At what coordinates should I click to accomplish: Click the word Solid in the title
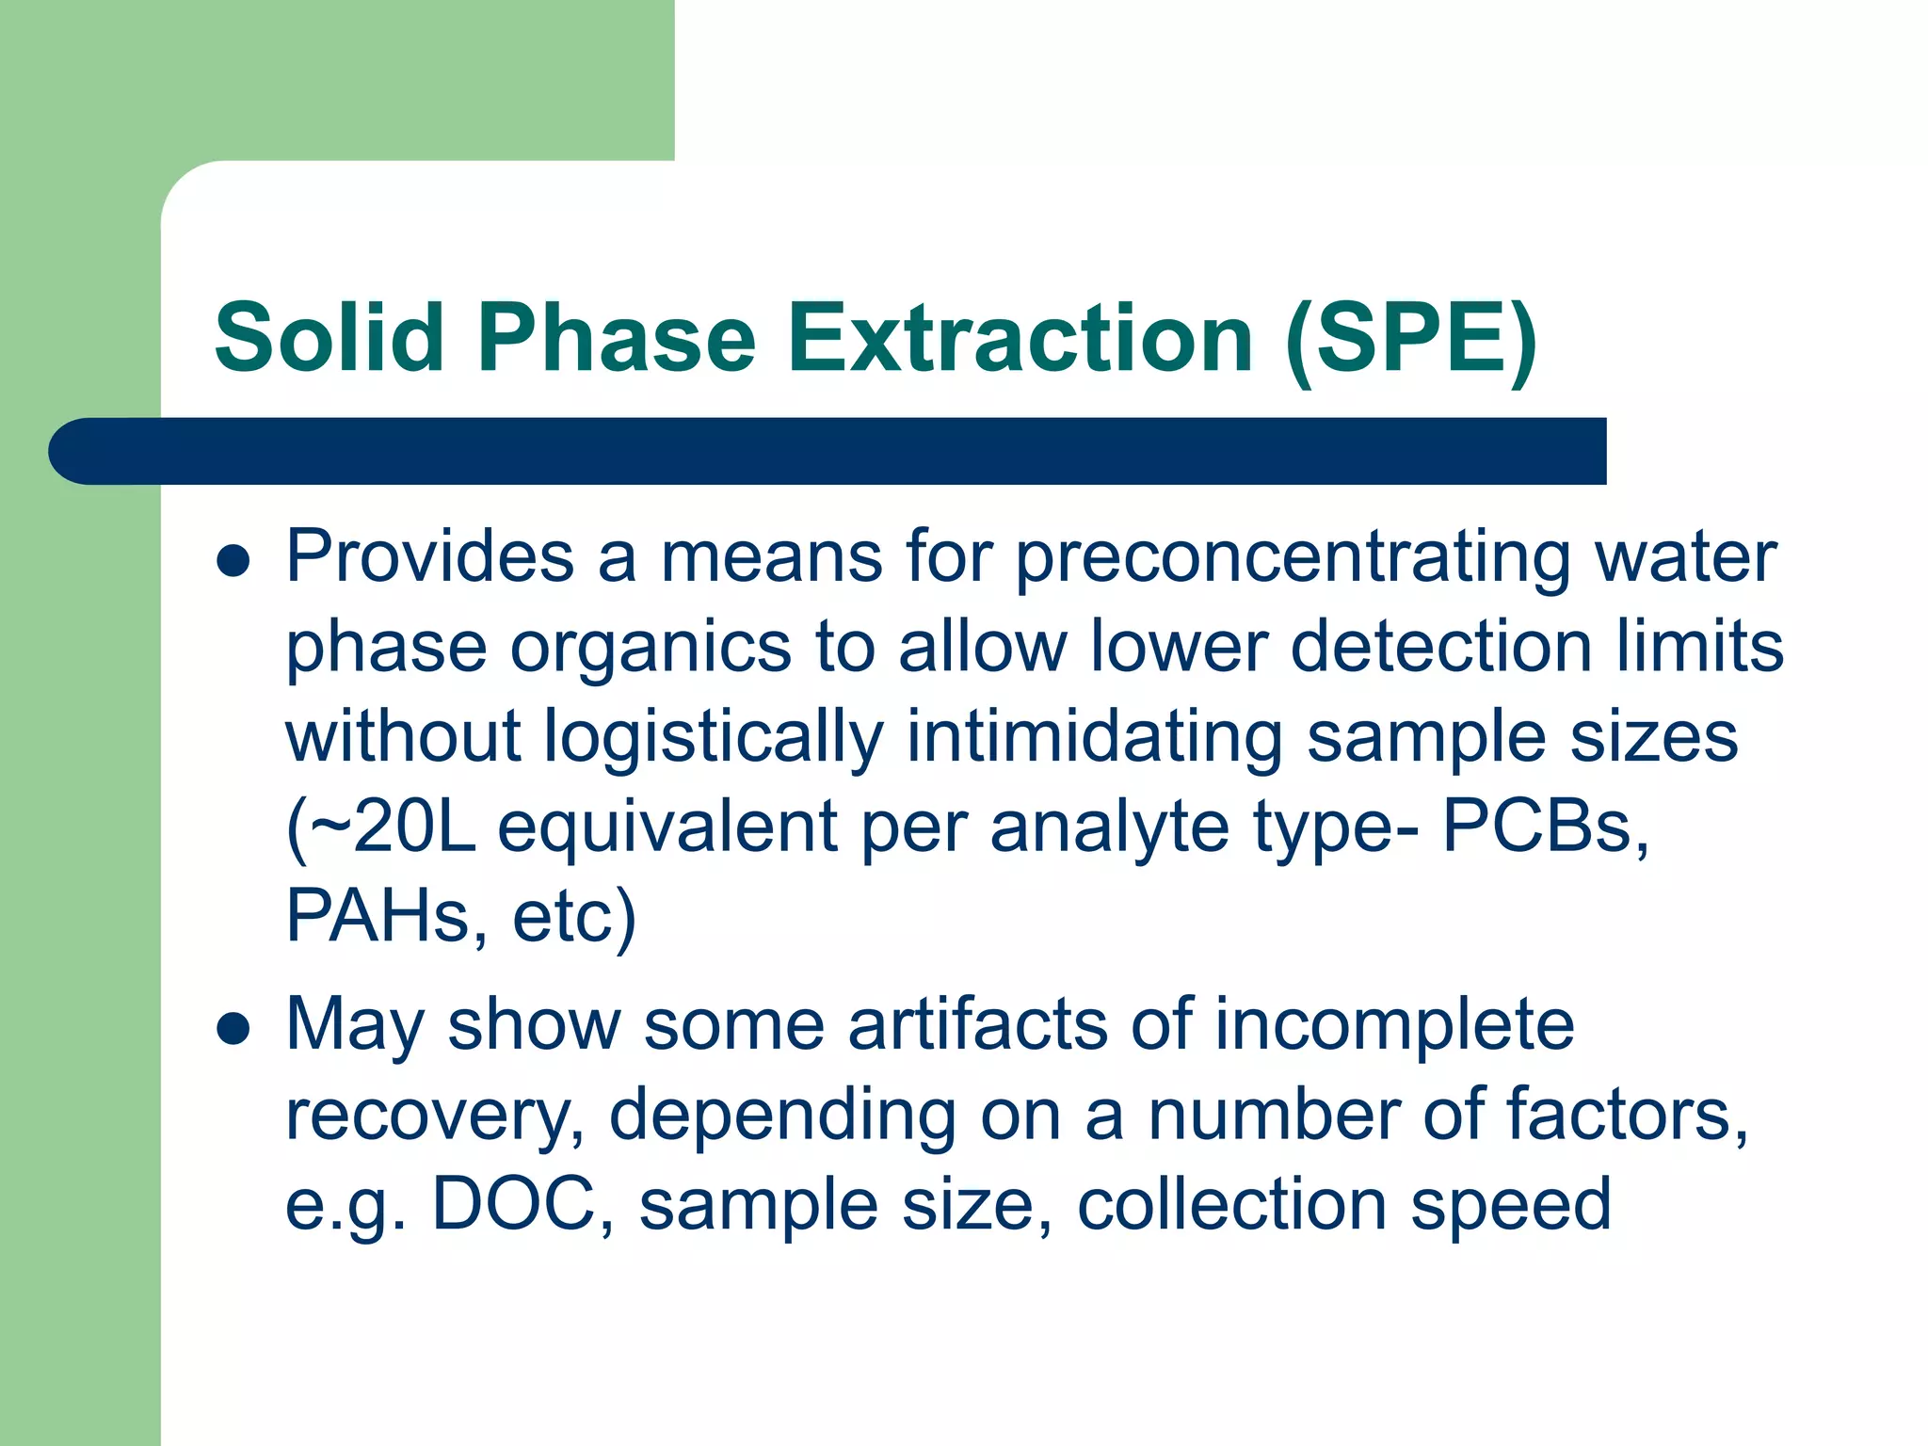tap(329, 337)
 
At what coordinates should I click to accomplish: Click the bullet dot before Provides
tap(233, 562)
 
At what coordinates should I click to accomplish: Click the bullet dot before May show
tap(233, 1029)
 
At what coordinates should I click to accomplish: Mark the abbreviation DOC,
tap(523, 1205)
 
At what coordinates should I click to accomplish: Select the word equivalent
tap(667, 827)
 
